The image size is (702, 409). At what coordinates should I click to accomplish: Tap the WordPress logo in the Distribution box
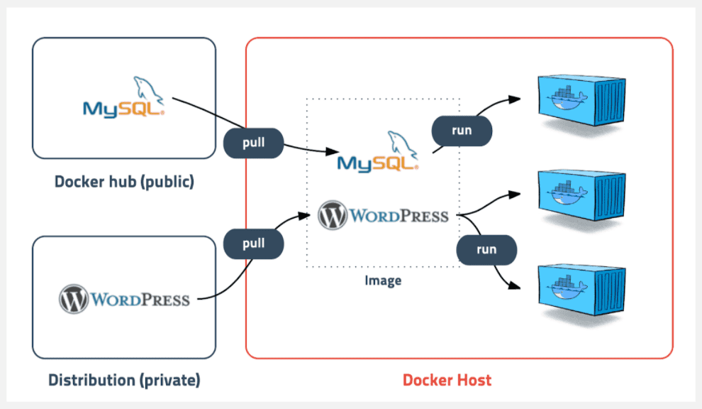(x=125, y=299)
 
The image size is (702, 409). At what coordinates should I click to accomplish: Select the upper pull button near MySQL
(x=253, y=143)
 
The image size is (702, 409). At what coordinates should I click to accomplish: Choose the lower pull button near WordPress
(x=253, y=244)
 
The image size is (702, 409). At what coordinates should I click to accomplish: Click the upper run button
(x=462, y=131)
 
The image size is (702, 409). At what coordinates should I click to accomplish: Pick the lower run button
(x=486, y=250)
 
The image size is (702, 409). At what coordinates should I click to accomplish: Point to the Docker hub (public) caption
(x=125, y=182)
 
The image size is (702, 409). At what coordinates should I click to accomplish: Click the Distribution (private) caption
(x=125, y=381)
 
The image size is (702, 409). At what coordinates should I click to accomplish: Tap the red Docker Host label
(x=447, y=381)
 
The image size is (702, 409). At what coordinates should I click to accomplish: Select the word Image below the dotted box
(x=383, y=280)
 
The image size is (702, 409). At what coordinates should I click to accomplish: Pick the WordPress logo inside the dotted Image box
(x=383, y=215)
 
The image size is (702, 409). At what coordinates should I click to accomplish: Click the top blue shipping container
(x=581, y=100)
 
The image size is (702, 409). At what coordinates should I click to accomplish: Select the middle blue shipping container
(x=581, y=195)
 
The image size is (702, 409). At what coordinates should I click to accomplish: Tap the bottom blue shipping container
(x=581, y=290)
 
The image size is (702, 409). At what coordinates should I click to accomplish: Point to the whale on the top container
(x=567, y=98)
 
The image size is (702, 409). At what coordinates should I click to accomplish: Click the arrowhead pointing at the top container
(x=514, y=99)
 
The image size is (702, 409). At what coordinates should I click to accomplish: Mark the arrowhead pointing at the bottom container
(x=514, y=285)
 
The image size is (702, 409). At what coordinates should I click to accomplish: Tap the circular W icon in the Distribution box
(x=74, y=299)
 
